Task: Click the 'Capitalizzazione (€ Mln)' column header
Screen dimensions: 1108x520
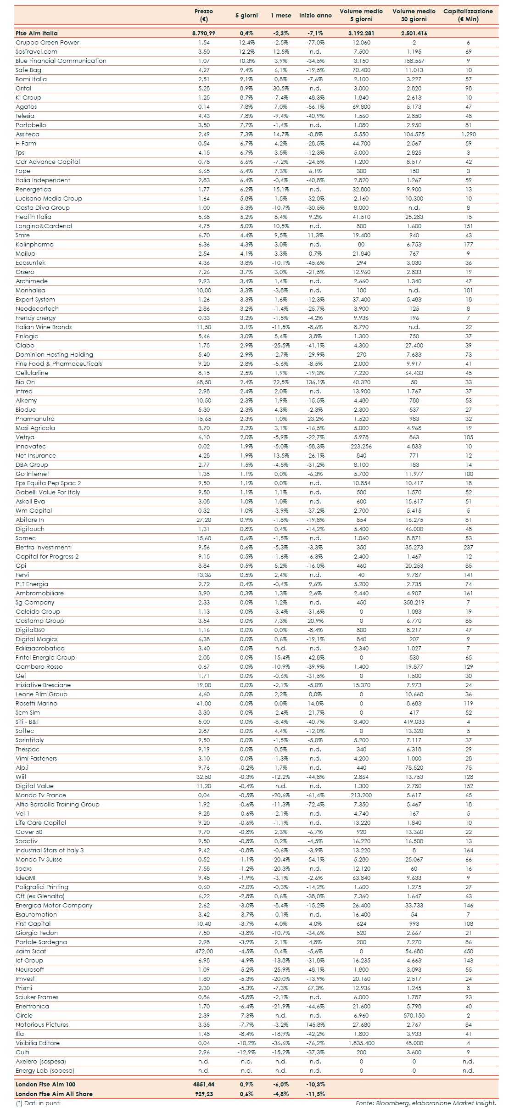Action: click(x=468, y=15)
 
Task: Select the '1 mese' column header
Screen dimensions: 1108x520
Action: click(x=281, y=15)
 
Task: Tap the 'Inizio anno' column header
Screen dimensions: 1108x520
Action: click(x=315, y=15)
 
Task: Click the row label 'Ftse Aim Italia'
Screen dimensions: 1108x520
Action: click(x=37, y=33)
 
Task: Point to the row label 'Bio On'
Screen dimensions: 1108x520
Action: click(x=25, y=382)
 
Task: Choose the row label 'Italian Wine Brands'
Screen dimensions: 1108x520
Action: click(x=44, y=327)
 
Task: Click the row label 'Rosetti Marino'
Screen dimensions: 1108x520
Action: click(x=36, y=703)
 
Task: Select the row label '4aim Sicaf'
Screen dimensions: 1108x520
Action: click(x=31, y=951)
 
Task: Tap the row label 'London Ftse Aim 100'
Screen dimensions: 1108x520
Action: click(x=45, y=1084)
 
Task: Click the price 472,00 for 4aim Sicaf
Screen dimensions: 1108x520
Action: click(x=204, y=951)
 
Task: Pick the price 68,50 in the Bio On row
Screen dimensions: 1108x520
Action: click(x=204, y=382)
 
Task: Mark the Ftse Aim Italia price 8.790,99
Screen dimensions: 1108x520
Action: click(x=203, y=33)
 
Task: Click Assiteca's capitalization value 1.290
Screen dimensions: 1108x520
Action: click(x=468, y=134)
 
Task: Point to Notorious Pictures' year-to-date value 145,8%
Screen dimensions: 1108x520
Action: click(x=315, y=1024)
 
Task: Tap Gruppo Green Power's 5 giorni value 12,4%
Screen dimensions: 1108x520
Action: click(x=247, y=42)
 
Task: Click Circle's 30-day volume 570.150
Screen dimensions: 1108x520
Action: click(x=414, y=1015)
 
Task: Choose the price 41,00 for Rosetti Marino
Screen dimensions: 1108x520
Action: click(x=204, y=703)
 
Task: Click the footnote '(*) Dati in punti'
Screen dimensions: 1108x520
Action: click(x=38, y=1103)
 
